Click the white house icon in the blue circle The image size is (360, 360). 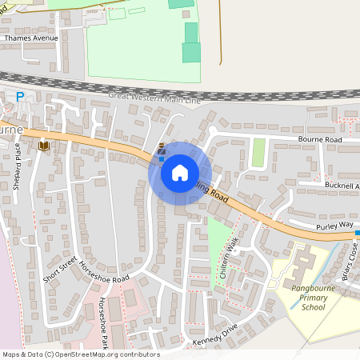(x=180, y=173)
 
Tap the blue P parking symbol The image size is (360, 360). (x=20, y=97)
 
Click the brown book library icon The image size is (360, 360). (x=42, y=146)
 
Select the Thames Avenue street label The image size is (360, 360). (x=31, y=38)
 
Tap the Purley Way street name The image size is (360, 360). (x=334, y=226)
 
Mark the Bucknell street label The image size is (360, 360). (x=342, y=186)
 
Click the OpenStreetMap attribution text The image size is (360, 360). (x=80, y=354)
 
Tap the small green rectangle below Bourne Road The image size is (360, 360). (x=258, y=153)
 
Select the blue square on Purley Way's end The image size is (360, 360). (x=358, y=234)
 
